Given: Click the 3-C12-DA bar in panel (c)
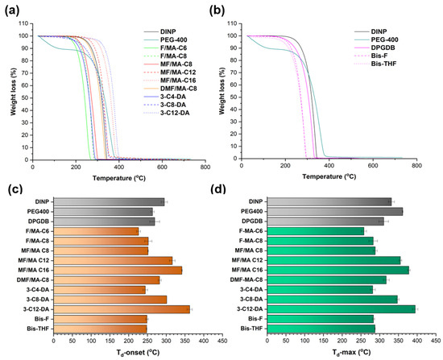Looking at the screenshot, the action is (x=122, y=309).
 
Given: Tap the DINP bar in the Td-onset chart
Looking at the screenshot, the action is (x=109, y=202).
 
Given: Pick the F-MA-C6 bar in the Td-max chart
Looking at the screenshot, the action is (x=316, y=231).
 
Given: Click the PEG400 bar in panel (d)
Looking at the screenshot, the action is (x=335, y=211).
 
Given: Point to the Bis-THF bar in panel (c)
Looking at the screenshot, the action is (x=100, y=329).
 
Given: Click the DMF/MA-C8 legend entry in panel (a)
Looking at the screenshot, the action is (x=171, y=89).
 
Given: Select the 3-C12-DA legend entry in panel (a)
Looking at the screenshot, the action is (x=167, y=113).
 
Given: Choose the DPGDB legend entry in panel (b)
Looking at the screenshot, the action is (x=375, y=48).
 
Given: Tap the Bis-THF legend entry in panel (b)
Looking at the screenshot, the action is (x=375, y=64).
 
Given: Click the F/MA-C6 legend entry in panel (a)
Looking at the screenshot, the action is (x=165, y=48).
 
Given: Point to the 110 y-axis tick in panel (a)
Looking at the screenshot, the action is (x=23, y=23).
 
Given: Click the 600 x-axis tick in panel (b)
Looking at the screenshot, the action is (x=373, y=166).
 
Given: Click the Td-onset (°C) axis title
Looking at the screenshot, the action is (x=138, y=353).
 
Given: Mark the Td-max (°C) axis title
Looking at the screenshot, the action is (x=351, y=353).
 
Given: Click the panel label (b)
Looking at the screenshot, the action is (x=217, y=10).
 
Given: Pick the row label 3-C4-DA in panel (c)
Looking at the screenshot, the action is (x=37, y=290).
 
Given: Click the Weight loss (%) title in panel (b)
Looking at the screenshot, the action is (x=222, y=91).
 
